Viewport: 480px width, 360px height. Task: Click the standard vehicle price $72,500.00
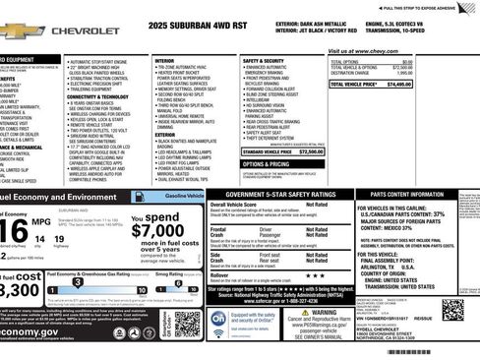tap(311, 152)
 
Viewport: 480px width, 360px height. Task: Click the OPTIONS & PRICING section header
tap(266, 164)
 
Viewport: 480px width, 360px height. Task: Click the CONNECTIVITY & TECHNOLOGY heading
tap(98, 96)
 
